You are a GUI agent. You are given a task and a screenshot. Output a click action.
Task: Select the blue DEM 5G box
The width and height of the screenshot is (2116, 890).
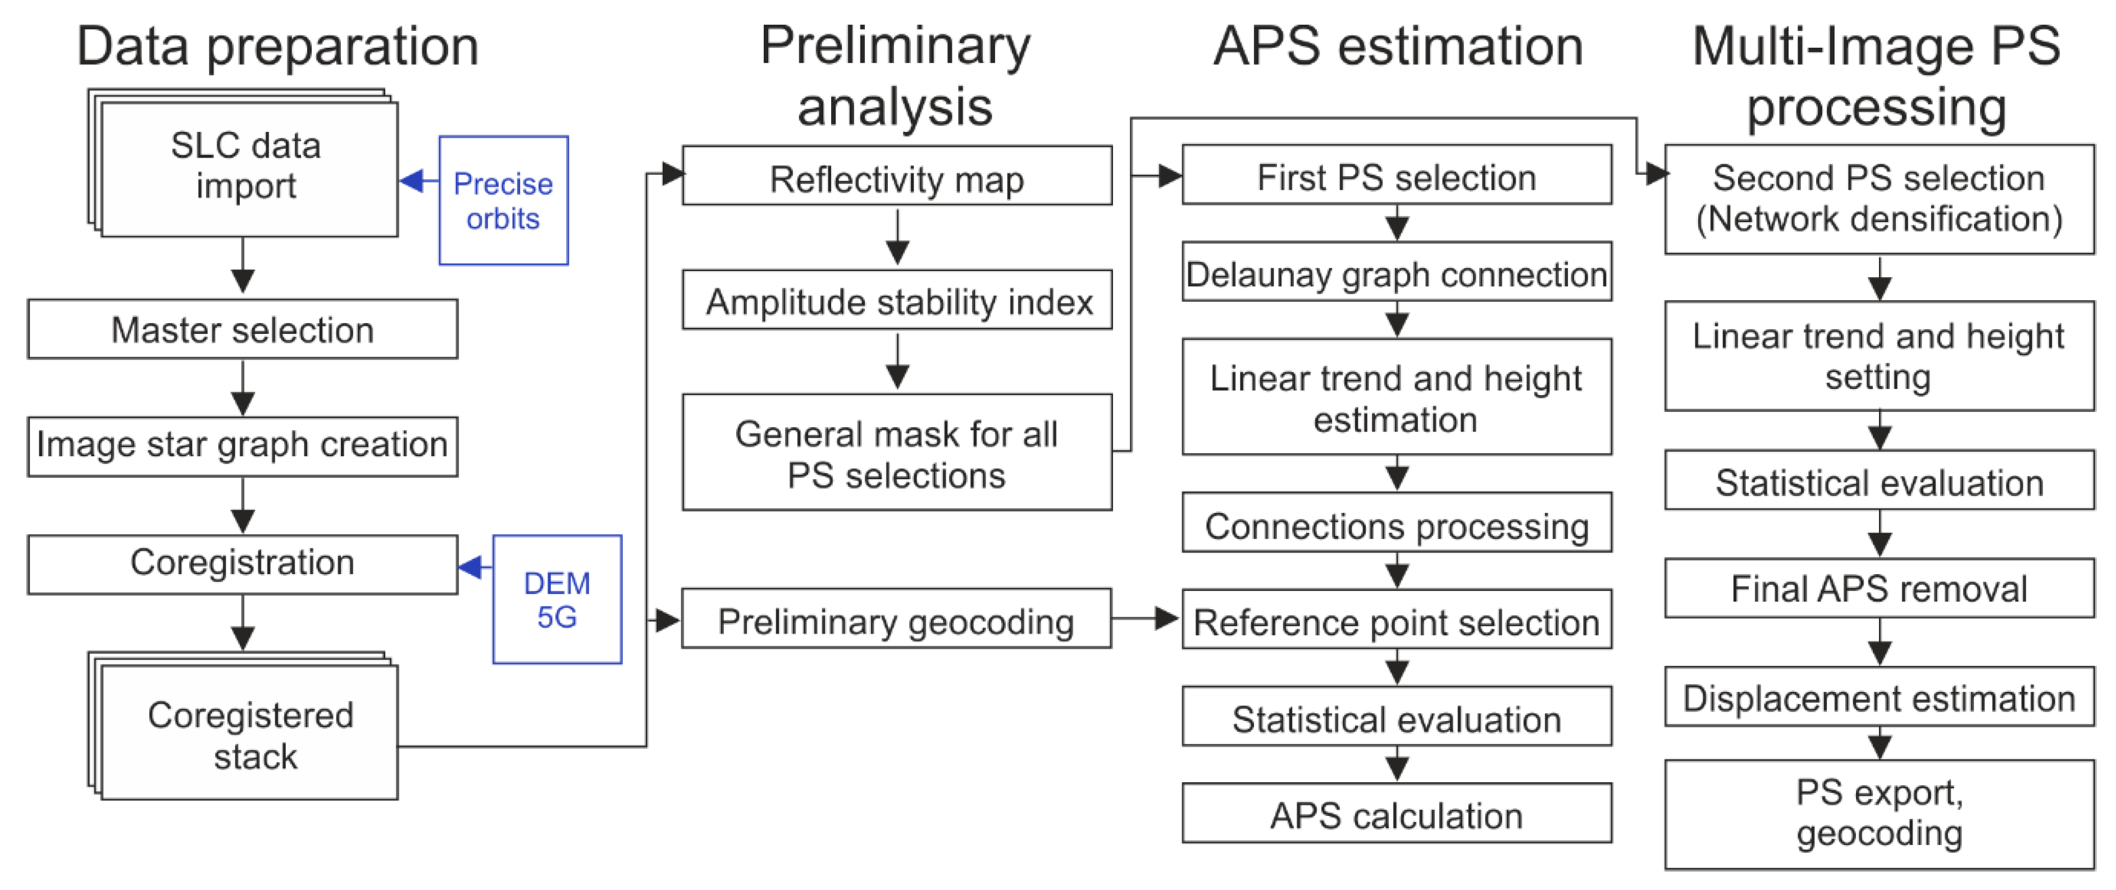[557, 599]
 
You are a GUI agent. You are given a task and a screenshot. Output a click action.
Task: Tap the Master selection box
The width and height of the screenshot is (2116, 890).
[243, 329]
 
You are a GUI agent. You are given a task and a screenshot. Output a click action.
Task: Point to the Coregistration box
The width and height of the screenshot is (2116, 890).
[243, 564]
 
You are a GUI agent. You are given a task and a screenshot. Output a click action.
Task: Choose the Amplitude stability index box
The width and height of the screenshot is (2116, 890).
[897, 300]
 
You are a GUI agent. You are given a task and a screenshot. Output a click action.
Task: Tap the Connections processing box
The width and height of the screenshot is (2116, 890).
[1397, 523]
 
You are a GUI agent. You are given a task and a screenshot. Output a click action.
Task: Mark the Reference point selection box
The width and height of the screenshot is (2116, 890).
[1397, 620]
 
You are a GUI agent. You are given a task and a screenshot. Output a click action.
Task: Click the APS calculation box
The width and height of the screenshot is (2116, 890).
[1397, 814]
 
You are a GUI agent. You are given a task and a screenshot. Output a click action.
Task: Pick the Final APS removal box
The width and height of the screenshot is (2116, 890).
[1878, 588]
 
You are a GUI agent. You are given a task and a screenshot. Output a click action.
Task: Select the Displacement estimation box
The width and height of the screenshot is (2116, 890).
[1878, 698]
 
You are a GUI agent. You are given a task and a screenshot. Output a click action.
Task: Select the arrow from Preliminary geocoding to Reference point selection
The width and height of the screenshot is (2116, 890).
[1147, 618]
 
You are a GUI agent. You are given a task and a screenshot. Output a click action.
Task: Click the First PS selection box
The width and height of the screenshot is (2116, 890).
[1397, 176]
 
